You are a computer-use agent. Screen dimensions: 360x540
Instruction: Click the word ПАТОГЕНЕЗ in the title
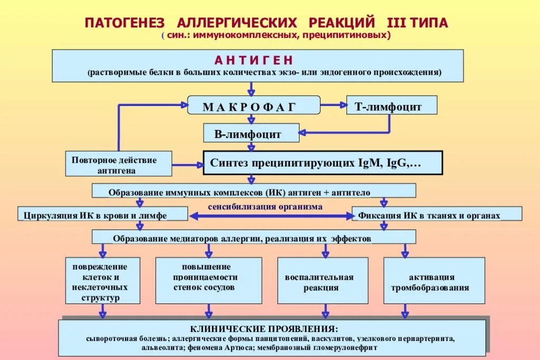(124, 23)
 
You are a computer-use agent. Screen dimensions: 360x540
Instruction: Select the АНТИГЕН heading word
(253, 60)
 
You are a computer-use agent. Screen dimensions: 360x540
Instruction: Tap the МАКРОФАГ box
(254, 106)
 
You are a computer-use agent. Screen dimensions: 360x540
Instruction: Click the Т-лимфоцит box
(391, 106)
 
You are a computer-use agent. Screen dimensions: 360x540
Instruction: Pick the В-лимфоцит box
(251, 133)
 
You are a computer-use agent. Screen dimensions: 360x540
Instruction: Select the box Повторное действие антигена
(119, 164)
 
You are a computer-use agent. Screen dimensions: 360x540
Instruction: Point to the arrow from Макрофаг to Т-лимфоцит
(332, 105)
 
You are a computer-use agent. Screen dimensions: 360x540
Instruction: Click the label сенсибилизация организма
(272, 207)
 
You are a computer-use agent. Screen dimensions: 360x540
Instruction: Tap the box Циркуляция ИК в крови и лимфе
(103, 215)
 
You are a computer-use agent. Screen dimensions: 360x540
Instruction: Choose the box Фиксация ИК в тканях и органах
(437, 215)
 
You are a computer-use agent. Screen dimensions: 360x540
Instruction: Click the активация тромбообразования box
(433, 282)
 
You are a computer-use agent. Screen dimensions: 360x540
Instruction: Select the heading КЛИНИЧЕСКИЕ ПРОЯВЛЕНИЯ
(272, 328)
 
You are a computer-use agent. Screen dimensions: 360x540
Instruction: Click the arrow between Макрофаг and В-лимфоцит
(252, 119)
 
